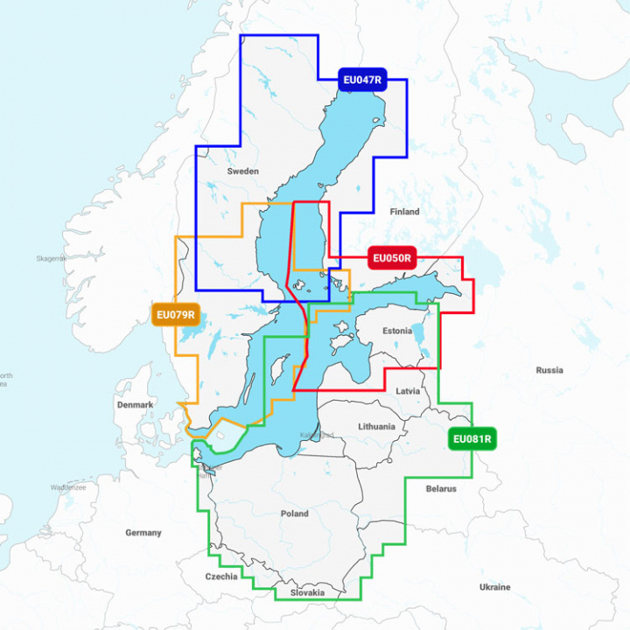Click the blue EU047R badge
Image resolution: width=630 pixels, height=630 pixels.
(x=362, y=80)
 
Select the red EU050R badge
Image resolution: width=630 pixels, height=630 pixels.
(x=392, y=258)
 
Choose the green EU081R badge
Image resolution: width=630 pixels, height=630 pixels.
(x=472, y=439)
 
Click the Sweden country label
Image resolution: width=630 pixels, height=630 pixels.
(x=242, y=171)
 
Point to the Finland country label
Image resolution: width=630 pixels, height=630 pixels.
(x=405, y=212)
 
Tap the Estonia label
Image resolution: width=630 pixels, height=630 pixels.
(x=397, y=332)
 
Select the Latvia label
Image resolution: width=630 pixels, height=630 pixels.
(x=408, y=391)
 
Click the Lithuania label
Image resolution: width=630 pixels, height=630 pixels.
(x=376, y=427)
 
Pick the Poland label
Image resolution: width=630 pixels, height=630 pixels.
(x=294, y=514)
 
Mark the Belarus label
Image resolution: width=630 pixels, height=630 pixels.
(x=441, y=489)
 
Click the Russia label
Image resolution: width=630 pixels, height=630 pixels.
(x=549, y=370)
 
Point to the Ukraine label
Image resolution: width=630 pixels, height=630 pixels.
(x=494, y=587)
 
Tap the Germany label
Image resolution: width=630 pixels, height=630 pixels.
(x=143, y=532)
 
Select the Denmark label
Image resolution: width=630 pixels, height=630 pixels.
(x=135, y=405)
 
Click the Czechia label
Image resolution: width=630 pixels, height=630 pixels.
(x=221, y=577)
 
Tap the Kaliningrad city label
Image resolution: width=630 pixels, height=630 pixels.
(x=316, y=435)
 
